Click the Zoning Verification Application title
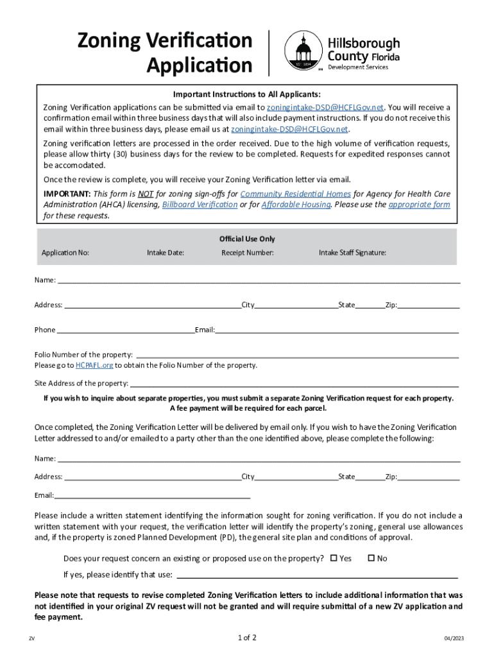[165, 53]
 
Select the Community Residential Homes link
[296, 194]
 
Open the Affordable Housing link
[296, 205]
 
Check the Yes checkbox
[334, 558]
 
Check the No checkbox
[371, 558]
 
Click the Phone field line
[125, 330]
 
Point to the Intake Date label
[166, 253]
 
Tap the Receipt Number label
[248, 253]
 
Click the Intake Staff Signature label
[352, 253]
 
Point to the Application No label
[65, 253]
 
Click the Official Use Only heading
[247, 239]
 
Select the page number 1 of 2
[247, 638]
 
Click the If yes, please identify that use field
[317, 575]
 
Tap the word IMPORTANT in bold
[67, 194]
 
